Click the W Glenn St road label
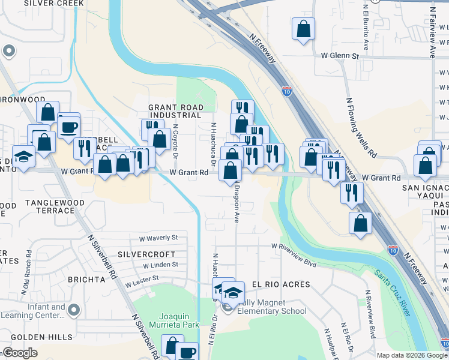click(340, 56)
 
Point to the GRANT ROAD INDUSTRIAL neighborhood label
click(175, 111)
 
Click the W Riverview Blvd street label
click(293, 246)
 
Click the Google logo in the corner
click(20, 353)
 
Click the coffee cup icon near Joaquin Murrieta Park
click(187, 352)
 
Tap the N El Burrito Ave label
click(366, 29)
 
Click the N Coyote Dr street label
click(175, 142)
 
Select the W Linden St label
click(160, 264)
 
